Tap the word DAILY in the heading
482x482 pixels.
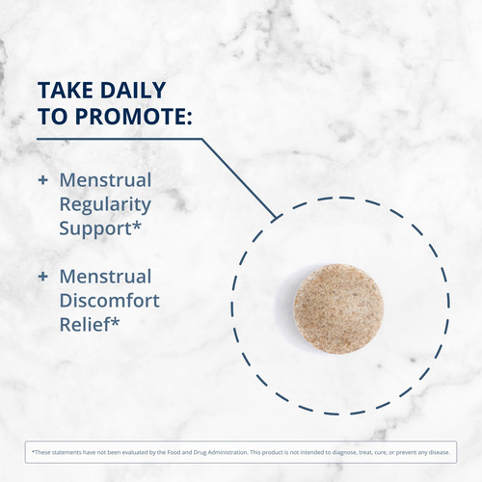133,90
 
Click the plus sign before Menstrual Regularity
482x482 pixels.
42,180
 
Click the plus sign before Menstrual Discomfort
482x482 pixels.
42,277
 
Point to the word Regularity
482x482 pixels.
105,205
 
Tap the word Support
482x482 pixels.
95,229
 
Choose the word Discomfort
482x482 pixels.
110,301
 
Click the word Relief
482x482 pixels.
85,325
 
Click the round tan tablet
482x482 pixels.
338,308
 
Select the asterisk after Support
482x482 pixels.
137,225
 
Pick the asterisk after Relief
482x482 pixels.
115,321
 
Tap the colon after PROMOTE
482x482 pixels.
189,118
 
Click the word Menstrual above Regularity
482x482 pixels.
105,180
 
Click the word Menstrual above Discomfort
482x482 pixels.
105,277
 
